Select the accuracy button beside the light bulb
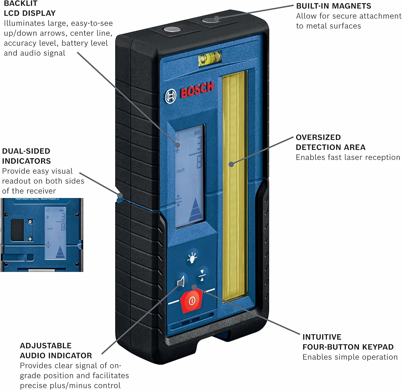point(202,275)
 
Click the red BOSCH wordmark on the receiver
point(197,90)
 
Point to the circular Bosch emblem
point(170,96)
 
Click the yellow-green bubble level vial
point(210,58)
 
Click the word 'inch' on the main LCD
point(180,170)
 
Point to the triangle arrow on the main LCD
point(195,210)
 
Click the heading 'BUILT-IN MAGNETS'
point(333,6)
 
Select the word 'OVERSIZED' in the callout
point(318,137)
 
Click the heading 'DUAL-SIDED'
point(26,151)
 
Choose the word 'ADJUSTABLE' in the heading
point(46,346)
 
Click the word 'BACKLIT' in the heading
point(20,3)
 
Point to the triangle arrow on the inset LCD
point(61,253)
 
